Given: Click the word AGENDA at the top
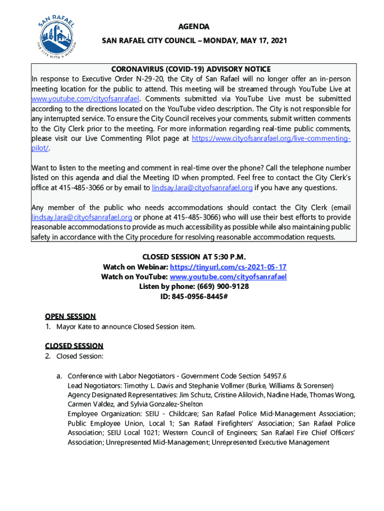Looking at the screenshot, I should (x=194, y=26).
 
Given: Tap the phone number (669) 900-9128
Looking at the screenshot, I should (x=223, y=286).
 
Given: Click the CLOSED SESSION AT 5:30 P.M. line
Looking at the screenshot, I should (x=194, y=257).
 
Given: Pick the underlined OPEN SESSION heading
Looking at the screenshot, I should (x=70, y=316).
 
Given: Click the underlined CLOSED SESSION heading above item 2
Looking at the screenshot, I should (x=74, y=346).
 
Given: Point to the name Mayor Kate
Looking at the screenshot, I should (x=75, y=327).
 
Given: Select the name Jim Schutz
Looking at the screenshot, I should (x=197, y=395).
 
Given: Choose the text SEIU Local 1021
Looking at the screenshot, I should (x=133, y=433).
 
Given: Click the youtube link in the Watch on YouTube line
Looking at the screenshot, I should (x=228, y=277).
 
